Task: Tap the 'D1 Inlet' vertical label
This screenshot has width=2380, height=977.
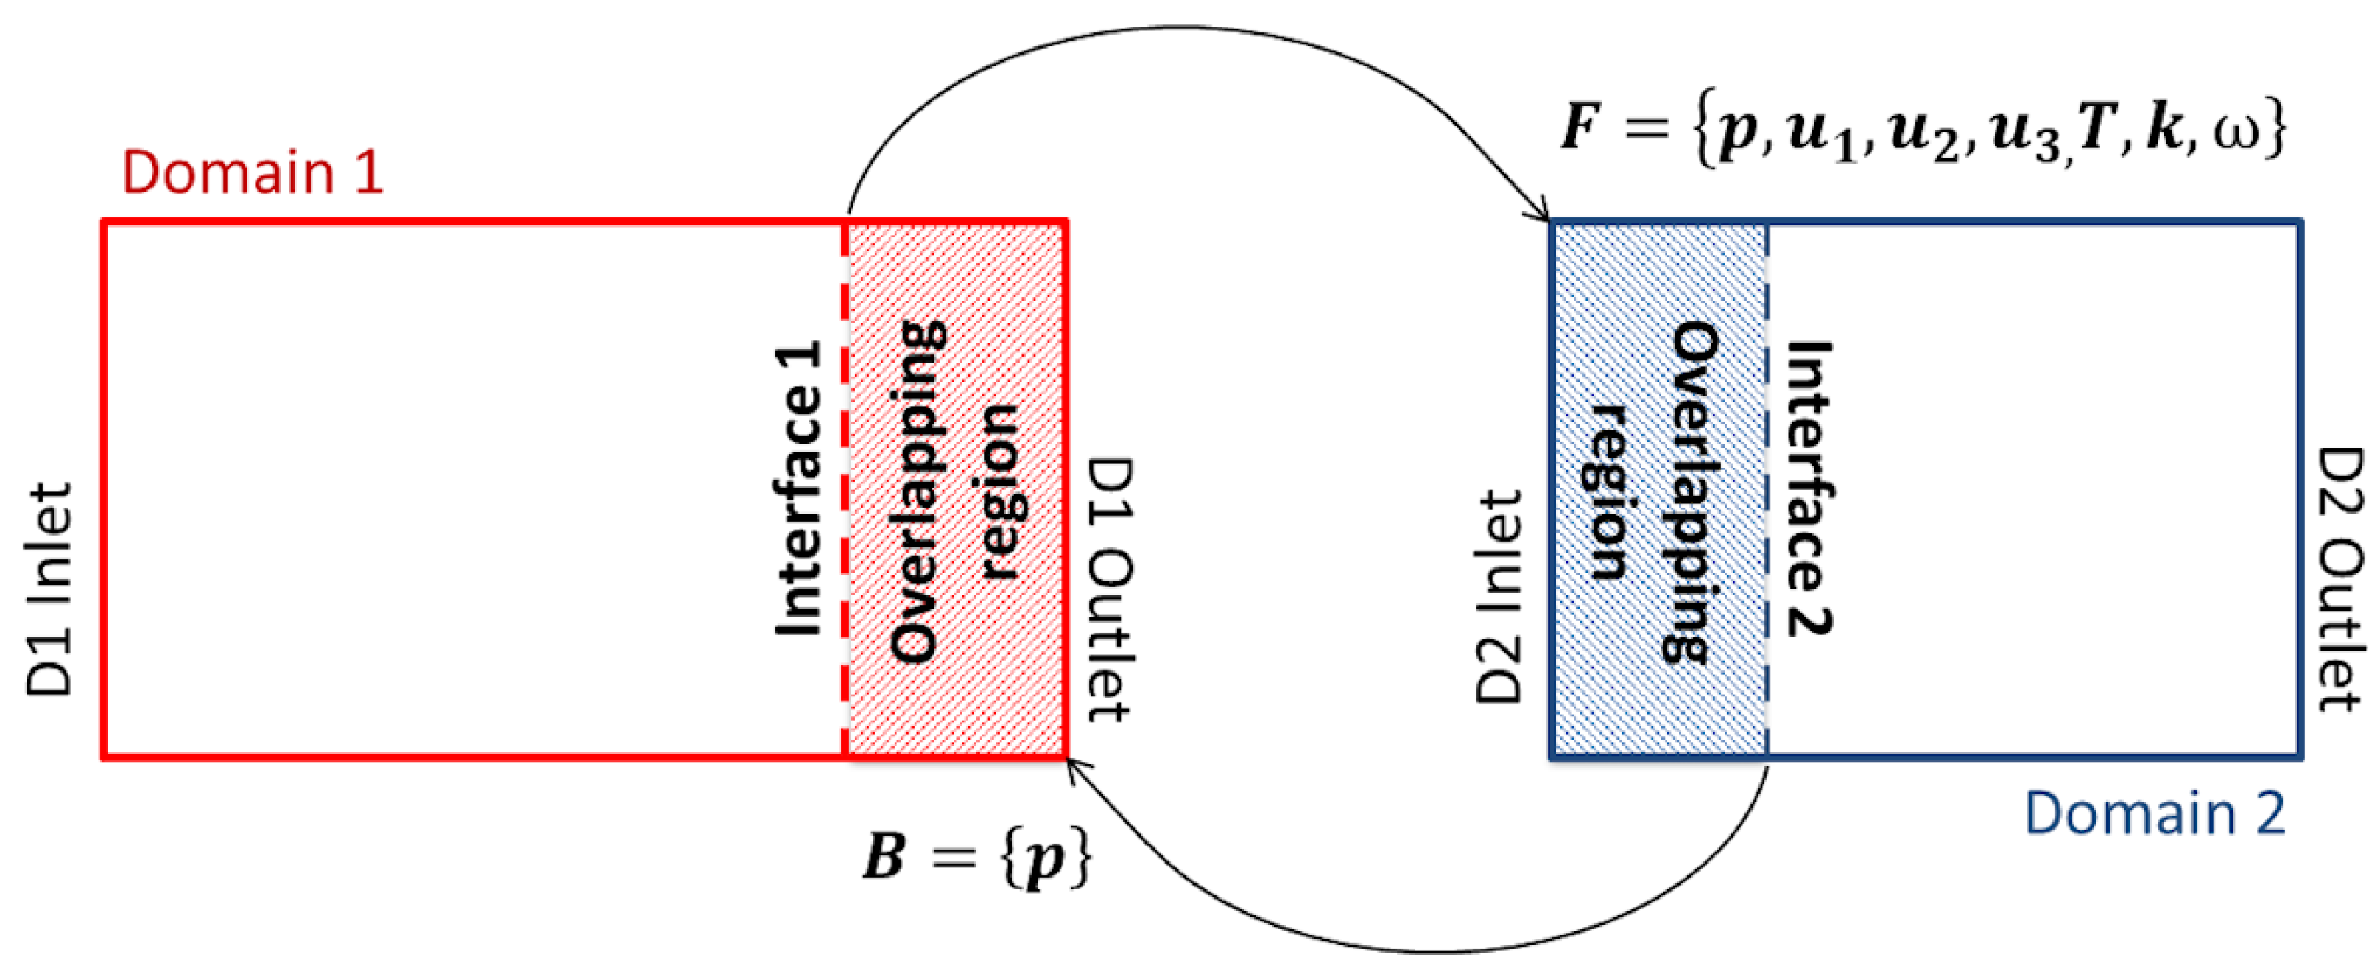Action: click(48, 589)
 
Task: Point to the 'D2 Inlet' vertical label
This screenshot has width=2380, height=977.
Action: click(1498, 597)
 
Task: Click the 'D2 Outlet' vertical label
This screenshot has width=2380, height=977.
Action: click(2340, 580)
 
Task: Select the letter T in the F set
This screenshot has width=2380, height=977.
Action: click(2096, 126)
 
